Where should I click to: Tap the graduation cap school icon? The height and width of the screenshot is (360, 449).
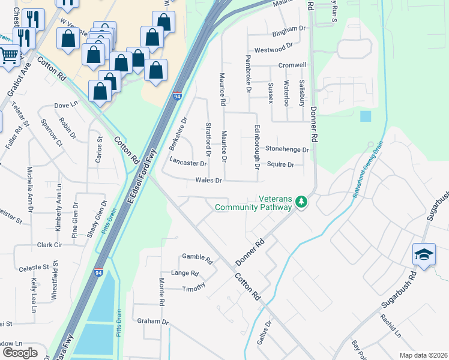[x=424, y=254]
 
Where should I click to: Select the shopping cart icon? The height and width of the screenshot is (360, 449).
[x=8, y=55]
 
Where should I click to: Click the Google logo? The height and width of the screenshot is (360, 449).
[x=20, y=352]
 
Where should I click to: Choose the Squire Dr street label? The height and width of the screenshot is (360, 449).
[x=280, y=164]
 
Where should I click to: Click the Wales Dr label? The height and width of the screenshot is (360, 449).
[x=209, y=180]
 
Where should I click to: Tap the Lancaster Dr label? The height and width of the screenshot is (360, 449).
[x=188, y=163]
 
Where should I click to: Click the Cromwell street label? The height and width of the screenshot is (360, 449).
[x=292, y=65]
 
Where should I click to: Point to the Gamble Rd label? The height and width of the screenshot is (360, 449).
[x=197, y=258]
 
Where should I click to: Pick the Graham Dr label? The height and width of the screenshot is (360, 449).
[x=152, y=321]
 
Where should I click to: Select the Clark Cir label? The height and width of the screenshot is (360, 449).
[x=50, y=245]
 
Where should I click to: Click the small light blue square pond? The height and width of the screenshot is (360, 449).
[x=366, y=116]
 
